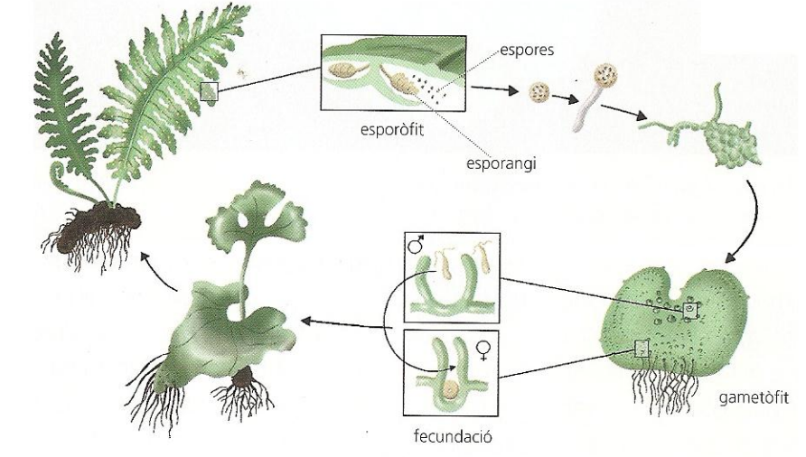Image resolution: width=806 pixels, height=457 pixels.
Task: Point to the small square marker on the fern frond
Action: [x=210, y=91]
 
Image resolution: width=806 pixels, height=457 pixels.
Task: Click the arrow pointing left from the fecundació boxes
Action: [x=334, y=321]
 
